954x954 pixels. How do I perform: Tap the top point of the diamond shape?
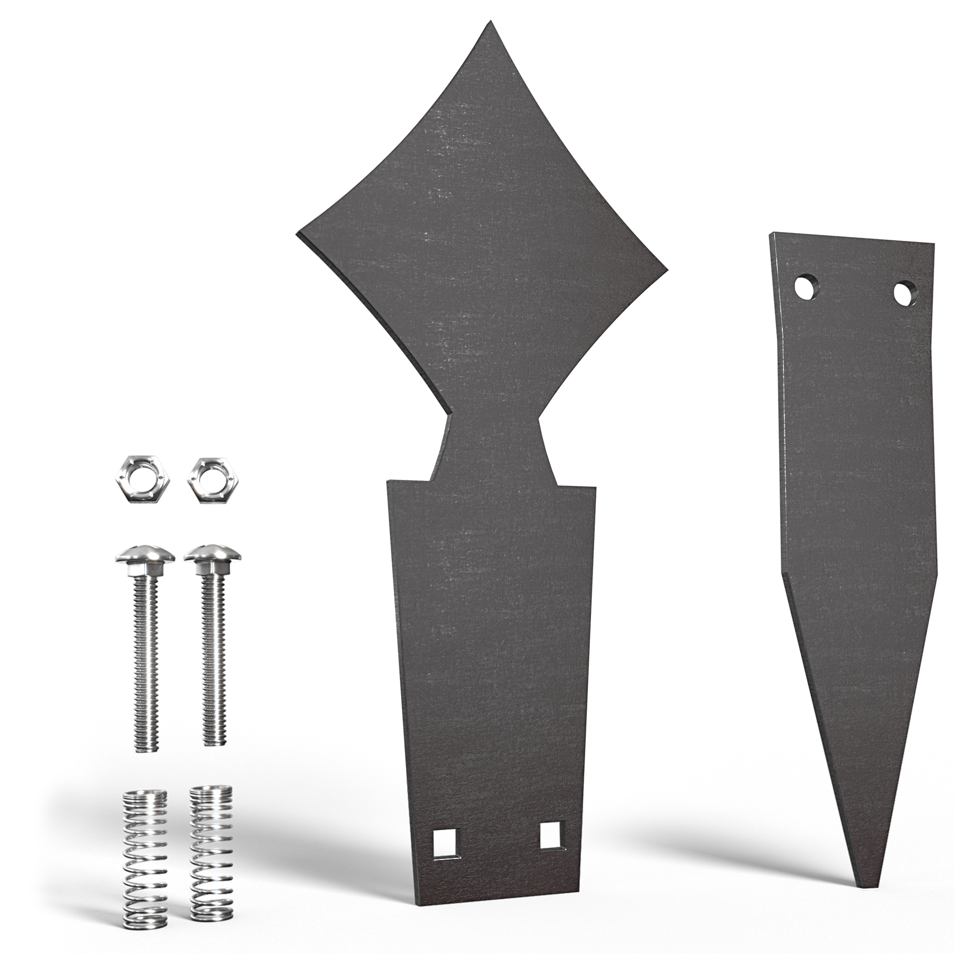click(x=490, y=22)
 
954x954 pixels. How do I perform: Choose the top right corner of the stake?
click(x=934, y=245)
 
